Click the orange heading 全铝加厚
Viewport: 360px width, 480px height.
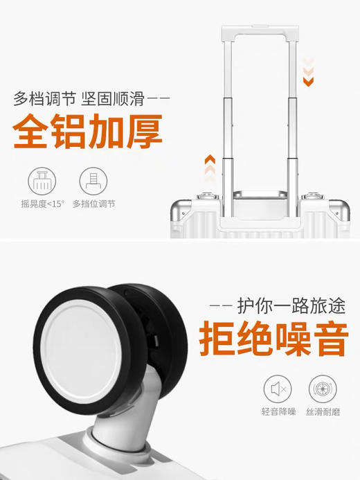point(88,132)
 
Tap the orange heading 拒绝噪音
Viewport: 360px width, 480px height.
point(272,339)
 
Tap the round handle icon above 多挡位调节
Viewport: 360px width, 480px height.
point(93,181)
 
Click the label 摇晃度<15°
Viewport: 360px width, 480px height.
point(42,204)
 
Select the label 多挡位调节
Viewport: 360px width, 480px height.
point(93,204)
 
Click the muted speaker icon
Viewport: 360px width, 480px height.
point(278,389)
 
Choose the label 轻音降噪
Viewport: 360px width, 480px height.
point(278,412)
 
